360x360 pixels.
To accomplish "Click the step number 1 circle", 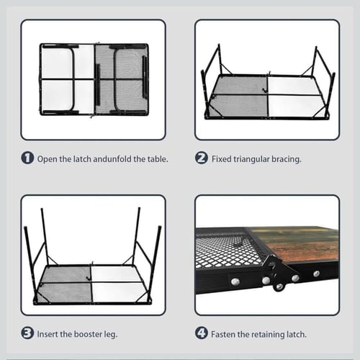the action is point(27,158).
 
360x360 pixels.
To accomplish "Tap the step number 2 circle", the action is point(202,158).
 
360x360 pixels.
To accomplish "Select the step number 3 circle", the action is point(27,333).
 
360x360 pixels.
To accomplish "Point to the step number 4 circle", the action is point(202,333).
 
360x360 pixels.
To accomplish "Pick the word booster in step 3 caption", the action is point(88,334).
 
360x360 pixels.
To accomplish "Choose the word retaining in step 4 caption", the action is point(267,335).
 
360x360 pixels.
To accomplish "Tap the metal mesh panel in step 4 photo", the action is point(222,250).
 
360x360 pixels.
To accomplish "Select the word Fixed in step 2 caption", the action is point(222,159).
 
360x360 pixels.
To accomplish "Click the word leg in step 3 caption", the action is point(110,335).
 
